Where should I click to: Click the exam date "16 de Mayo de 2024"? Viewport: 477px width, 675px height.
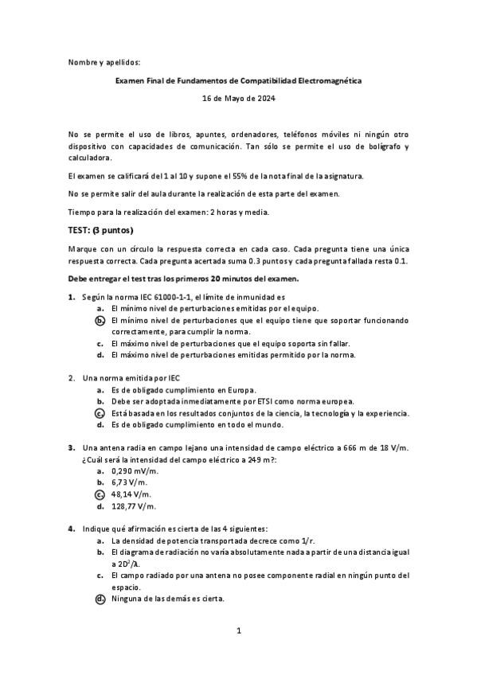click(238, 99)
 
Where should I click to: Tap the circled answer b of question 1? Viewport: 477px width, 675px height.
click(100, 320)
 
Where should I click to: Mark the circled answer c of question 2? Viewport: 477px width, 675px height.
click(100, 413)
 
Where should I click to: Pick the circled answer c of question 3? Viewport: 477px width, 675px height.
click(100, 494)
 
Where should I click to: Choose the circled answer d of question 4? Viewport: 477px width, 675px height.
click(100, 599)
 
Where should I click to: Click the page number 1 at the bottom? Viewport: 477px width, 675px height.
click(238, 630)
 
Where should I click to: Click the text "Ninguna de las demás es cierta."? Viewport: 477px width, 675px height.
click(168, 599)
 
